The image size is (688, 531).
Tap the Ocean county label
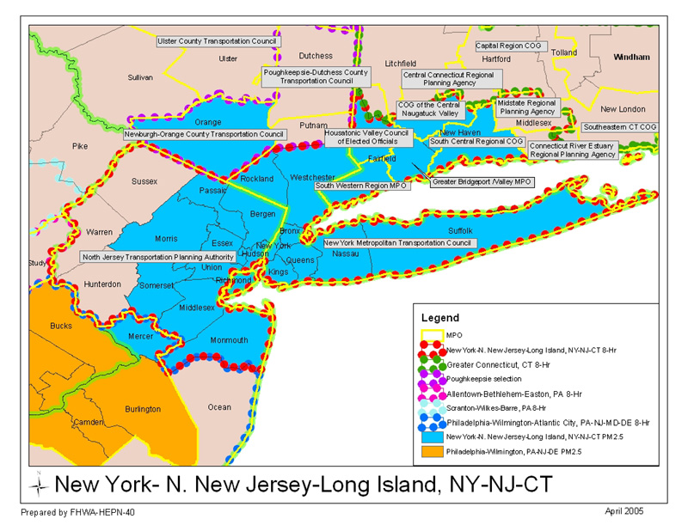point(219,406)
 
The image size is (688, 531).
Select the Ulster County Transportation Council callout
point(218,40)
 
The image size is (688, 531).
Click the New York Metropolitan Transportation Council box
point(398,243)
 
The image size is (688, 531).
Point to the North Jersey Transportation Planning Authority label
point(158,257)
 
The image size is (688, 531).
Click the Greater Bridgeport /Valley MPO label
point(482,182)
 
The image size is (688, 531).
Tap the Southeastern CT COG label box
point(620,126)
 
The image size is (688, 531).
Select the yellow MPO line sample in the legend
point(433,334)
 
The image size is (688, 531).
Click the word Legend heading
point(439,318)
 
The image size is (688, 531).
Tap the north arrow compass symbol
point(40,484)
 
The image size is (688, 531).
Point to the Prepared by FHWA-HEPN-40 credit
point(77,512)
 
